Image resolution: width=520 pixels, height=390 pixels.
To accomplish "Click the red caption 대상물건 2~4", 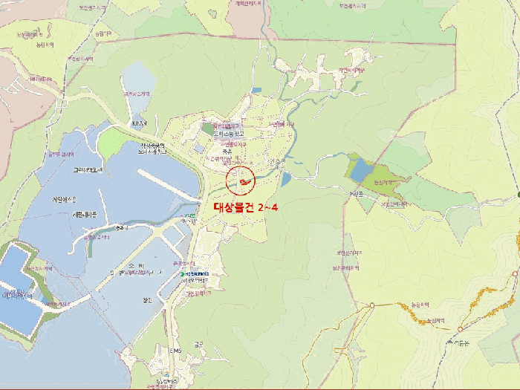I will (244, 207).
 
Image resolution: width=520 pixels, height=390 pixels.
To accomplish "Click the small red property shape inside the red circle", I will (241, 182).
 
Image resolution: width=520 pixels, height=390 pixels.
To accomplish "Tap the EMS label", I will (175, 351).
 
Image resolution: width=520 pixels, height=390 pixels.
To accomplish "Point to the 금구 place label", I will (198, 344).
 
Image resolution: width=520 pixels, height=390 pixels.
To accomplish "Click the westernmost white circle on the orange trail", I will (372, 305).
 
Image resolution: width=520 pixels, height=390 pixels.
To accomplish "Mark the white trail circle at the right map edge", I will (515, 274).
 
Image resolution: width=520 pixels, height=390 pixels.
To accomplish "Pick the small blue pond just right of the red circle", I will (286, 179).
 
